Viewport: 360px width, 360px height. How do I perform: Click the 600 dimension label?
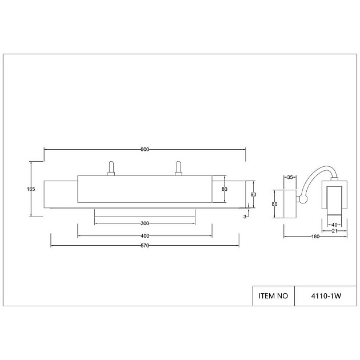[145, 150]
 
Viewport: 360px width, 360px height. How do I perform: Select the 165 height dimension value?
[31, 189]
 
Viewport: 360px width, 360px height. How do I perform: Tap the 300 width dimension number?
[145, 223]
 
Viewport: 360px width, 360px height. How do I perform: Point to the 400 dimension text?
[145, 236]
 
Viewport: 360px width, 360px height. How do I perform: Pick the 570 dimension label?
[145, 246]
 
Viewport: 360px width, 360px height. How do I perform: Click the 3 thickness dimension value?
[245, 217]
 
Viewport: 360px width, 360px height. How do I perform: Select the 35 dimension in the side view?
[290, 177]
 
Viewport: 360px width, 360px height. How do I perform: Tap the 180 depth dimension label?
[315, 237]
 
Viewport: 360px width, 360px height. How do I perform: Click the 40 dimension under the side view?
[334, 225]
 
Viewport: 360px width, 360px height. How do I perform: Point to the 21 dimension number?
[334, 231]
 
